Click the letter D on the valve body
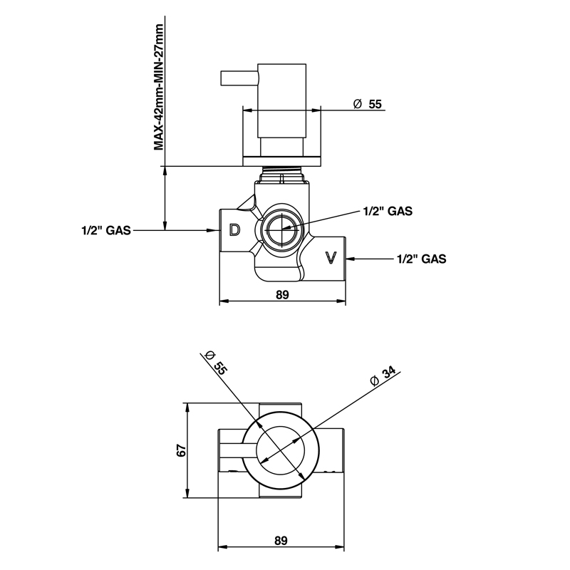(234, 229)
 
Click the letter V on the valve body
(330, 257)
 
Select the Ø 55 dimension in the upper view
(368, 104)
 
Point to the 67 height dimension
(181, 450)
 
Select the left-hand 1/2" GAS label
(105, 230)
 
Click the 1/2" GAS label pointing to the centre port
(388, 211)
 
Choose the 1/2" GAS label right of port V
(421, 259)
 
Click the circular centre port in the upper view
(281, 229)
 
